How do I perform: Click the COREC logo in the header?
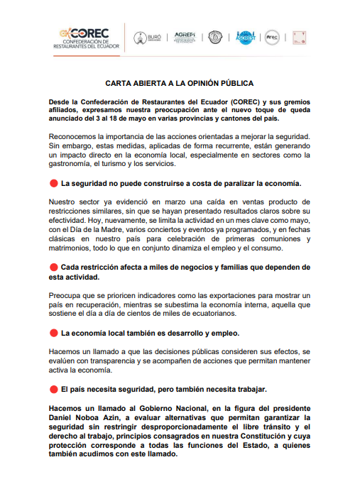(x=89, y=38)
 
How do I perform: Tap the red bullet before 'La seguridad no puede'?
(x=53, y=183)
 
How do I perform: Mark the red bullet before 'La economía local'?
(x=53, y=333)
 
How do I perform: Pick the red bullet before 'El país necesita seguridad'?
(x=53, y=389)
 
